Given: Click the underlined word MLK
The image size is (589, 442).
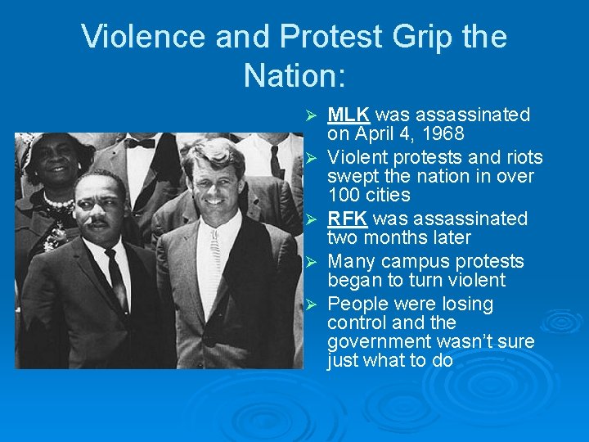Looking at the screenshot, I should pyautogui.click(x=348, y=115).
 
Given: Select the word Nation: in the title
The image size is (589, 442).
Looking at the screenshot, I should pyautogui.click(x=294, y=75).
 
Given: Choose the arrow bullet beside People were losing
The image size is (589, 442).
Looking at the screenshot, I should pyautogui.click(x=309, y=304).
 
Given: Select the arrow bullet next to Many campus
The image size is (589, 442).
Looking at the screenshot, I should pyautogui.click(x=309, y=262).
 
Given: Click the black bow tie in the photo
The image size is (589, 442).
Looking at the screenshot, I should pyautogui.click(x=140, y=143).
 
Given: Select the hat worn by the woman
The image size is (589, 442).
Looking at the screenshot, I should pyautogui.click(x=57, y=147).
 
